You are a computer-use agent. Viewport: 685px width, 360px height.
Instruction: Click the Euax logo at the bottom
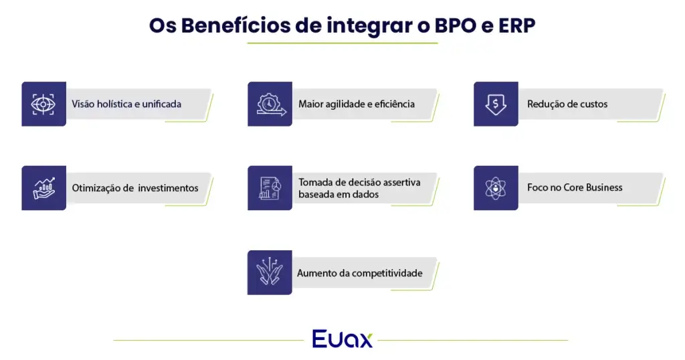(342, 339)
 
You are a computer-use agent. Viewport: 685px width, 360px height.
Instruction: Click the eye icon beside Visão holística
(43, 104)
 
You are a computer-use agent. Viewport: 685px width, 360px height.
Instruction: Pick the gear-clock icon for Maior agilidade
(270, 104)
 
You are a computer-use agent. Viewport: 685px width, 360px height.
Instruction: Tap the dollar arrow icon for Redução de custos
(496, 104)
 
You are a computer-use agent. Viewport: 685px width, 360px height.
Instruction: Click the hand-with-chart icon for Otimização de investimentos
(43, 188)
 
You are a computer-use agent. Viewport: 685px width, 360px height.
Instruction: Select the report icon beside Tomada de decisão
(270, 188)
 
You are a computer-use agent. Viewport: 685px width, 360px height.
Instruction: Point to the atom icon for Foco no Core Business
(496, 188)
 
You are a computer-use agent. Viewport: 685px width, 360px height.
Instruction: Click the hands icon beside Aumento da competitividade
(270, 272)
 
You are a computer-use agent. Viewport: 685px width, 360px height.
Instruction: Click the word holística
(118, 104)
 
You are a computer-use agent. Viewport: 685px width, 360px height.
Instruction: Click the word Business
(605, 187)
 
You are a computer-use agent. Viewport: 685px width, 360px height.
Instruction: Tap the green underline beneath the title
(342, 43)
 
